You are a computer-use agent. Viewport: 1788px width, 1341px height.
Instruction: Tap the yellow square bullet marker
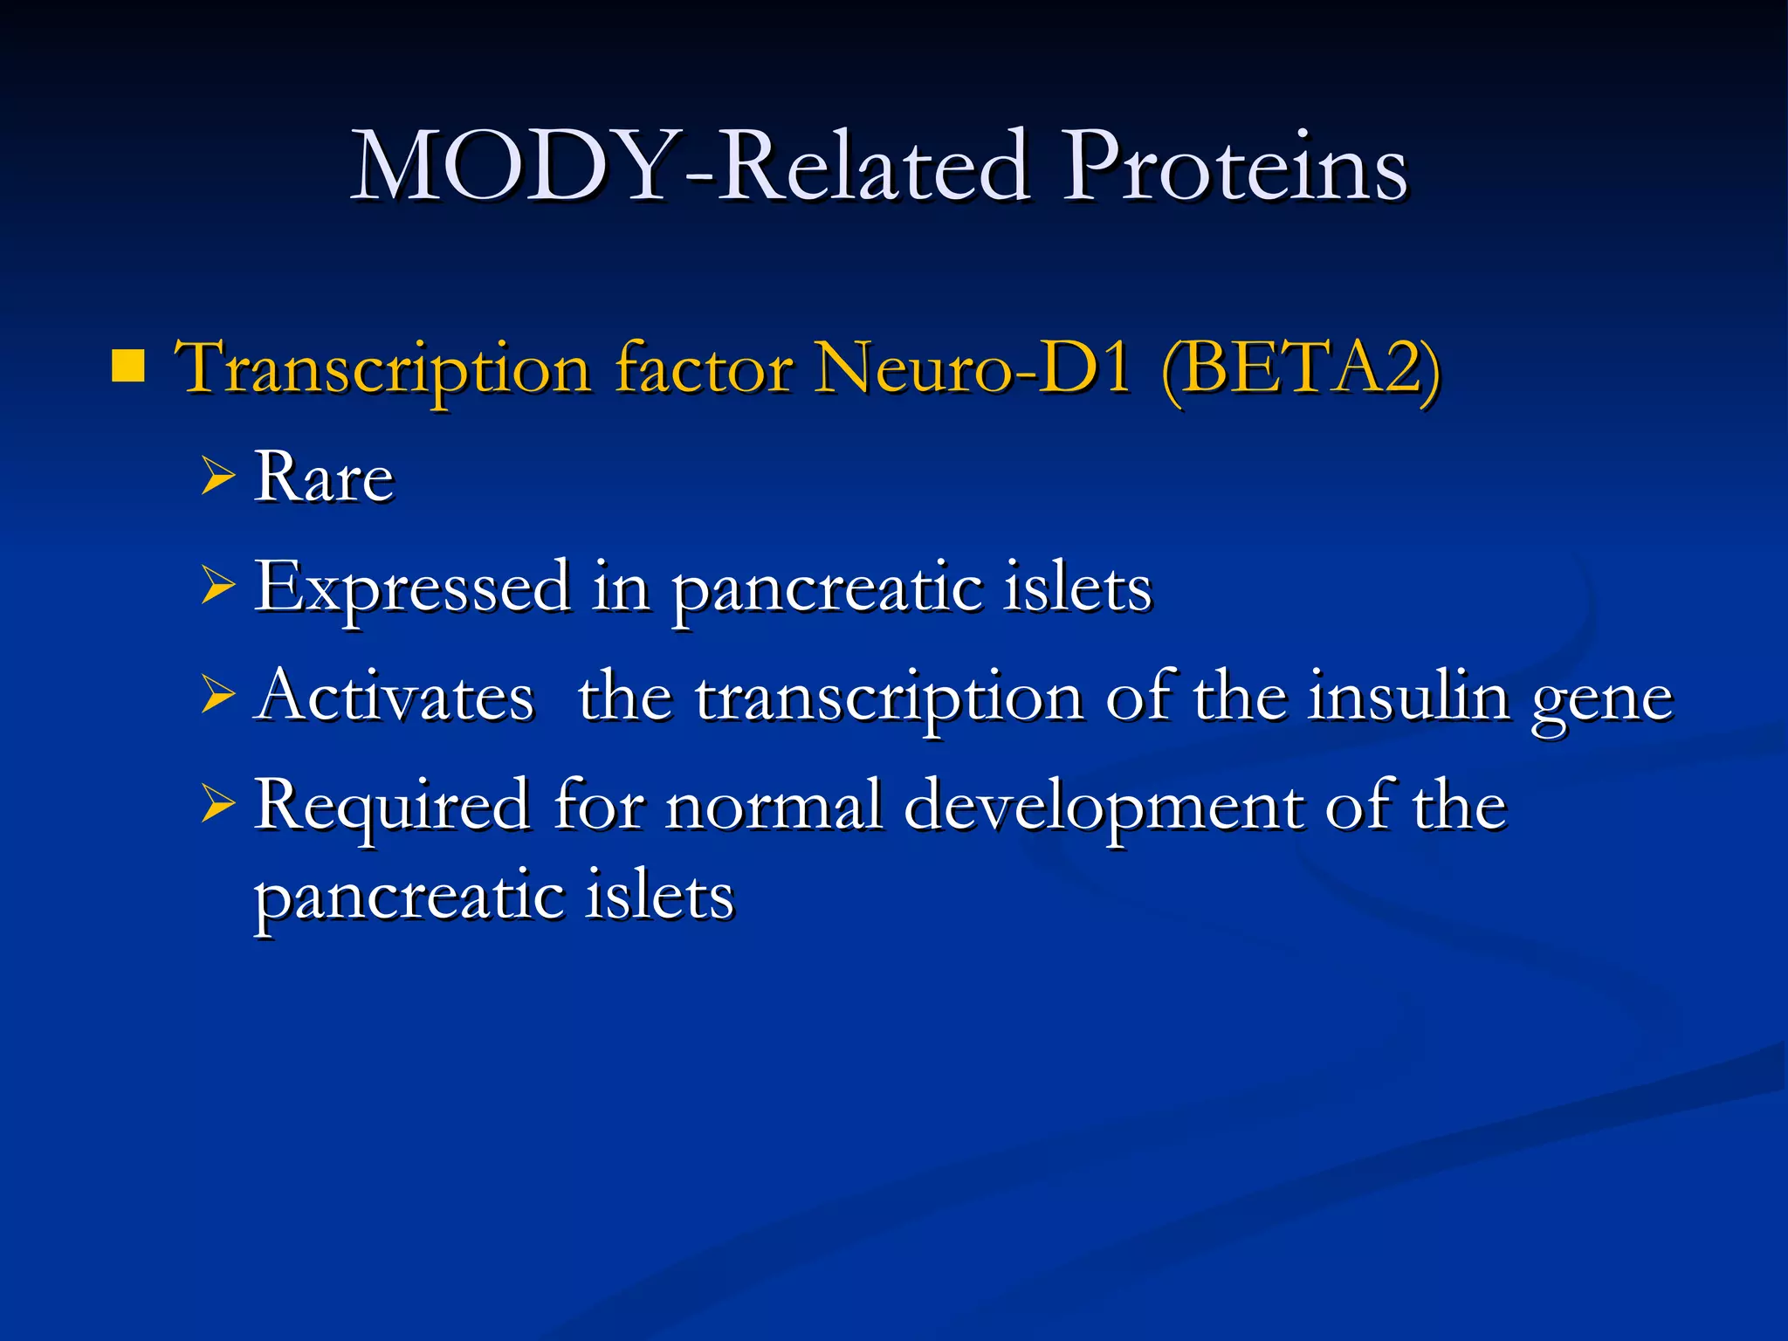[x=128, y=367]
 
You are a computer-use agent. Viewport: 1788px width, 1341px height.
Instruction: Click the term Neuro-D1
[x=972, y=368]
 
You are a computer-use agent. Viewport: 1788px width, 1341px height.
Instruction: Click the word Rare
[x=324, y=478]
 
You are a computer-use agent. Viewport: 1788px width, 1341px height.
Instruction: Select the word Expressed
[x=411, y=588]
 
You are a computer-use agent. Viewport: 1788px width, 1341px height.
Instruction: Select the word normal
[x=774, y=805]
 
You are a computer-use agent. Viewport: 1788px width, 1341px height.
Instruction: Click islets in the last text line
[x=659, y=896]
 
